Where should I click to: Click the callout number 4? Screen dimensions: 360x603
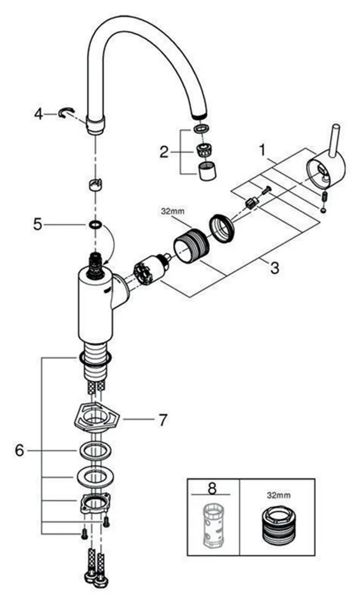point(38,114)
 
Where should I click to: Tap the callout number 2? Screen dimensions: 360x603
point(164,153)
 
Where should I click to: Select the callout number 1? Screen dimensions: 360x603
point(263,150)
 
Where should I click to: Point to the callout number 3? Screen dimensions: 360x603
point(274,268)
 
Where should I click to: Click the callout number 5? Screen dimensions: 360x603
point(37,224)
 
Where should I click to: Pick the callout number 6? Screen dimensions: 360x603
point(19,449)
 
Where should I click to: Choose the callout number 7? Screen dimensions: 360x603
point(163,419)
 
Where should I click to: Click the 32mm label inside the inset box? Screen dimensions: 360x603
point(279,495)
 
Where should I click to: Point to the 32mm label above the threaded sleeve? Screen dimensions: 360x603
point(173,211)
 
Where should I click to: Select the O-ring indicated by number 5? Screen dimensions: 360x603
point(95,224)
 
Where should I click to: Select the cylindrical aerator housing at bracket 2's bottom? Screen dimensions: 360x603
point(207,171)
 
